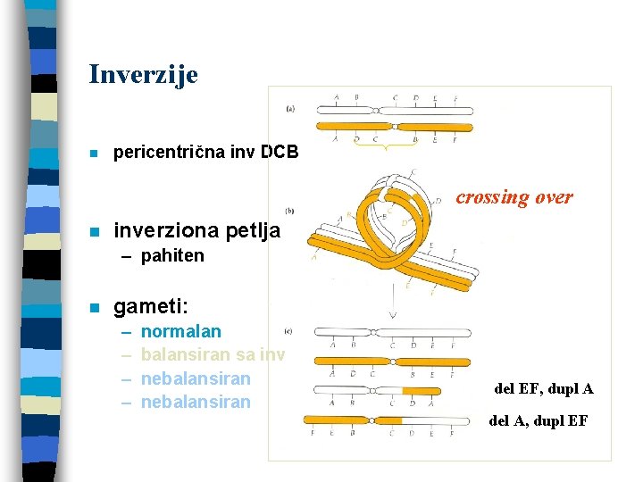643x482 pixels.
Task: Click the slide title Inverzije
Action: tap(143, 74)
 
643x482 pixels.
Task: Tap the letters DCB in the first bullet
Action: tap(280, 153)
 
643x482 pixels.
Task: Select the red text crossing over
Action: tap(514, 197)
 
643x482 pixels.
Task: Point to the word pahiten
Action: tap(172, 256)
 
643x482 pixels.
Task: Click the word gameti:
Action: tap(150, 307)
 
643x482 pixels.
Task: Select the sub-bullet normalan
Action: tap(181, 332)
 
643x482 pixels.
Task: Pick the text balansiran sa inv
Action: tap(213, 355)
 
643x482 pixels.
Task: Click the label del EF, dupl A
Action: tap(543, 388)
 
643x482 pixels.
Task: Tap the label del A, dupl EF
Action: tap(538, 420)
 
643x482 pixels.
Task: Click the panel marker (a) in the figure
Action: tap(291, 109)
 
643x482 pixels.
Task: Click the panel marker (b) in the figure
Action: tap(289, 211)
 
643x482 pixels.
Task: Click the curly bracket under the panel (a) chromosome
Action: tap(388, 147)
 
